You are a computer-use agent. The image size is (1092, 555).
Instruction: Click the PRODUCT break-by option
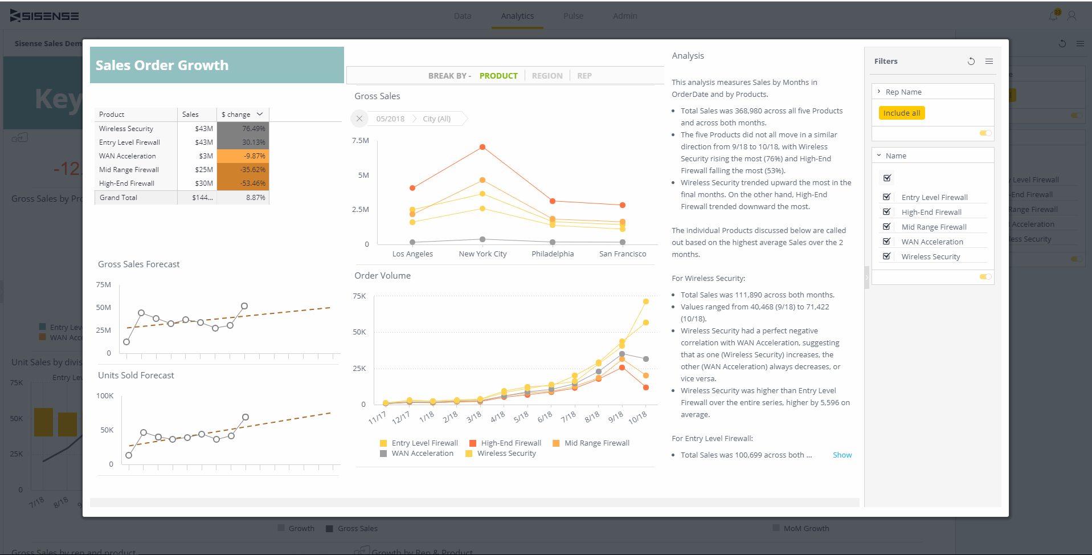[x=498, y=76]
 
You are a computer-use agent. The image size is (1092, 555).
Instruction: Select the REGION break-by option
[x=547, y=76]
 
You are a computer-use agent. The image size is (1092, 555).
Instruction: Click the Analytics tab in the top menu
[x=517, y=16]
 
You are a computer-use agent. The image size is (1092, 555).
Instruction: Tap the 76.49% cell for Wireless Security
[x=243, y=129]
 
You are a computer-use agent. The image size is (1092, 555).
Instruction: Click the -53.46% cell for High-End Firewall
[x=243, y=183]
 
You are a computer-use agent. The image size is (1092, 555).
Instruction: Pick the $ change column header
[x=236, y=115]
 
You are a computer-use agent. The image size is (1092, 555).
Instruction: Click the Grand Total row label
[x=118, y=198]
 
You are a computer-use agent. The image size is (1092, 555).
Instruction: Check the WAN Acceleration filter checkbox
[x=886, y=242]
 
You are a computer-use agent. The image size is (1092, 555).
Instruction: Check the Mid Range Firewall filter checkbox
[x=886, y=227]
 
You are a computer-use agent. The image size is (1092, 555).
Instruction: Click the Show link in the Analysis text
[x=842, y=455]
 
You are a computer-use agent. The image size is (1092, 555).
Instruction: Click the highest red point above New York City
[x=482, y=147]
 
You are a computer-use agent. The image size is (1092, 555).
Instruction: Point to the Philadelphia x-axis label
[x=553, y=254]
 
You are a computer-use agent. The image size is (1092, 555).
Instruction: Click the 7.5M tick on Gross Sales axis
[x=360, y=141]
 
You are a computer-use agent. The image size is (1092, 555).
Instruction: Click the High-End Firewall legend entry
[x=510, y=443]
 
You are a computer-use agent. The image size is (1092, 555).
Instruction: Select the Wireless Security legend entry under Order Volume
[x=506, y=454]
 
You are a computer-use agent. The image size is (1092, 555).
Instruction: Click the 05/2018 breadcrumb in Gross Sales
[x=390, y=119]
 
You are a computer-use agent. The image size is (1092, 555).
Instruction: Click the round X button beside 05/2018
[x=359, y=119]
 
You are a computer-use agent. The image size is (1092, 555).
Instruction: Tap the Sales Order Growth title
[x=162, y=66]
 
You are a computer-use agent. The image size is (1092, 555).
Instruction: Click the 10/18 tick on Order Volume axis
[x=637, y=418]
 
